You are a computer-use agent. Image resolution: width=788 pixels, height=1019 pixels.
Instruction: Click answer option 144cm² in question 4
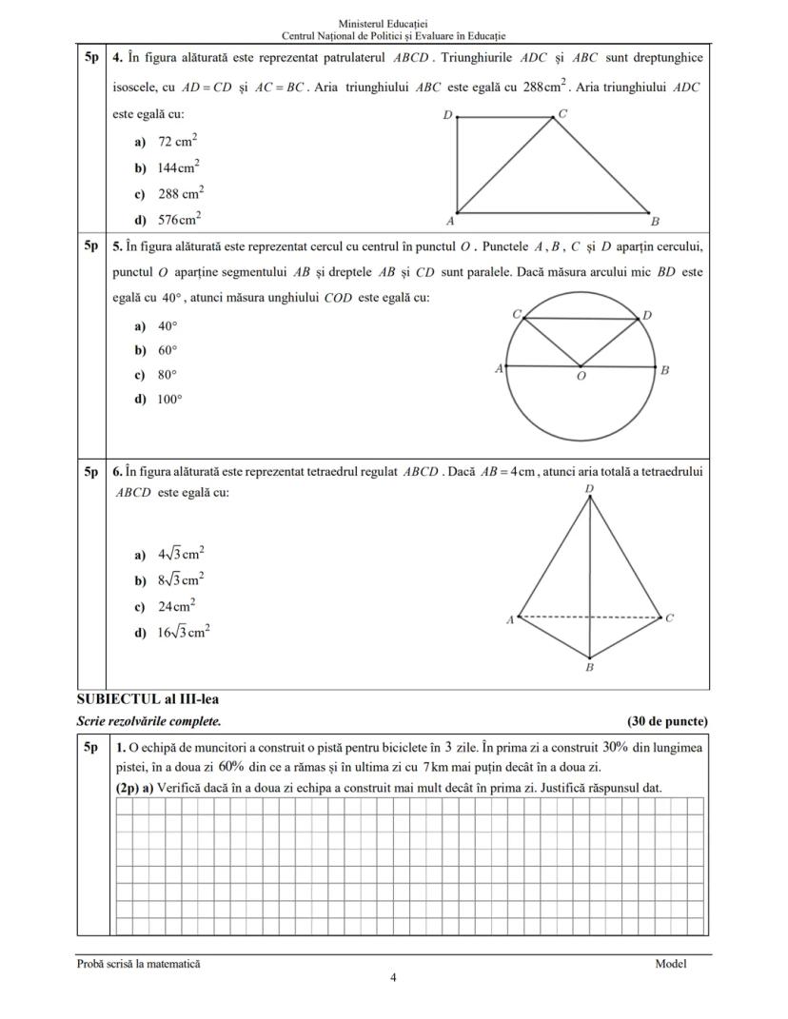tap(178, 167)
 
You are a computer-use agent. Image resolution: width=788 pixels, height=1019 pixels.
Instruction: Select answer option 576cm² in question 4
tap(178, 219)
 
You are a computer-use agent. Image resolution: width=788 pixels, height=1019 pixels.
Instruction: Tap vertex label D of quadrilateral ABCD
tap(447, 115)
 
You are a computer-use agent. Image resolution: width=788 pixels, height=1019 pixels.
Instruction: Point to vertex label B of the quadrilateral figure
tap(655, 222)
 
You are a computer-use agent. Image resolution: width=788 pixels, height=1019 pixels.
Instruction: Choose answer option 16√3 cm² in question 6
tap(184, 632)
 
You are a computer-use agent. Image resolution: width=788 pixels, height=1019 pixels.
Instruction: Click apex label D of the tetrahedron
tap(590, 489)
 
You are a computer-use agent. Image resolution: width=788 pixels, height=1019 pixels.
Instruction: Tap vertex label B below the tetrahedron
tap(589, 668)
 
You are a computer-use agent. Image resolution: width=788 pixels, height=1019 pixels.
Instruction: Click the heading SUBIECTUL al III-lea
tap(148, 699)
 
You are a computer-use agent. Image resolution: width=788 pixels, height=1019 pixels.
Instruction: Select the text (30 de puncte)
tap(667, 722)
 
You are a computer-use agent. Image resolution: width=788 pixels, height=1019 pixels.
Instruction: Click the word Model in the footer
tap(670, 964)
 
